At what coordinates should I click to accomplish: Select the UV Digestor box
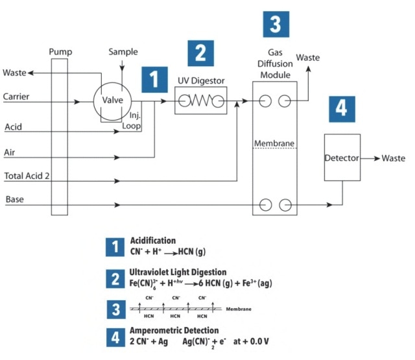pos(201,102)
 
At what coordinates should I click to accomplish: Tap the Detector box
pos(342,158)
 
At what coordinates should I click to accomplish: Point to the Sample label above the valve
pos(123,52)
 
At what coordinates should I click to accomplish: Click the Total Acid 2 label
pos(28,176)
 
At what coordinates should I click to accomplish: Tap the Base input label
pos(15,199)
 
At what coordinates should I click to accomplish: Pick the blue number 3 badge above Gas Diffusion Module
pos(275,24)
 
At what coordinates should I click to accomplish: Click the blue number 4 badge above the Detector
pos(341,108)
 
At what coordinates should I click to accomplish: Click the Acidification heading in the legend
pos(153,241)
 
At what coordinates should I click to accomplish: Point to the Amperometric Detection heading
pos(174,330)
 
